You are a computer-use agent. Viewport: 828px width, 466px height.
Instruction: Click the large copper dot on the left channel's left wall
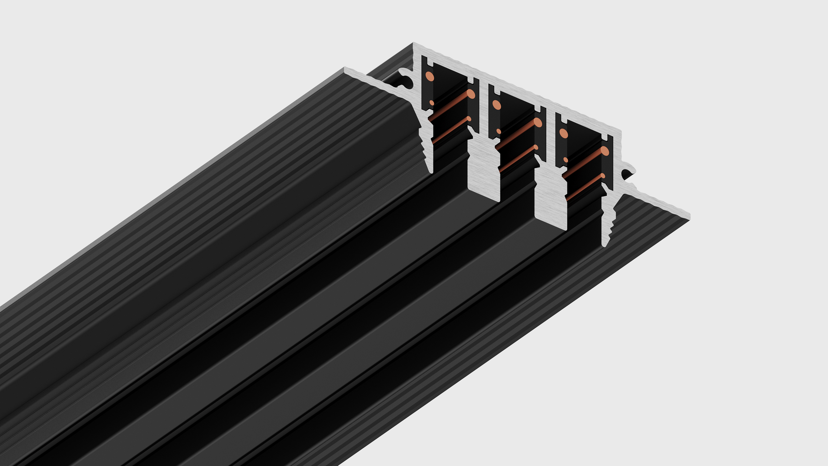pos(430,76)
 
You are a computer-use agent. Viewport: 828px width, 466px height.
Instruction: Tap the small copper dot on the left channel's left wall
pos(431,103)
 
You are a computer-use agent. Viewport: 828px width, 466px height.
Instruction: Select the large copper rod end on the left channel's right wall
pos(471,94)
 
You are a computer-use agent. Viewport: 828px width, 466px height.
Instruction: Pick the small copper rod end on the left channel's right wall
pos(469,118)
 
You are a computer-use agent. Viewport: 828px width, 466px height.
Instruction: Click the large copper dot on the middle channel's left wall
pos(496,105)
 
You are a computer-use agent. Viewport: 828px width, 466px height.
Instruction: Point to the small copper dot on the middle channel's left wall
pos(498,131)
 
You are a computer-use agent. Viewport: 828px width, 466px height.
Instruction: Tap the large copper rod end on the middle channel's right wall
pos(538,122)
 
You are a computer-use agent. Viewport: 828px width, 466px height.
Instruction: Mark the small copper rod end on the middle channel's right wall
pos(536,147)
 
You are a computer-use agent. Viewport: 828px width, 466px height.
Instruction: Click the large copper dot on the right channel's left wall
pos(563,133)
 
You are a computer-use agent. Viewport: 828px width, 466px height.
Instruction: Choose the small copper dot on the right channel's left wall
pos(565,160)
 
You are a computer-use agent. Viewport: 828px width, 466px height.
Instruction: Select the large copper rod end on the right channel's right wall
pos(605,151)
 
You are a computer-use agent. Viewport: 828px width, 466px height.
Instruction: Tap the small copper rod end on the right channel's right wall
pos(603,176)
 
